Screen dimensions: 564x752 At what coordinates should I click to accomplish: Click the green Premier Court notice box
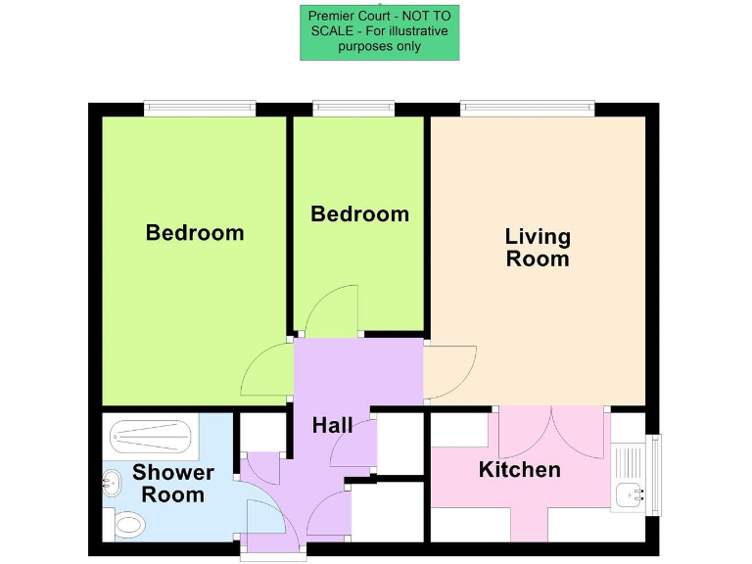pos(379,32)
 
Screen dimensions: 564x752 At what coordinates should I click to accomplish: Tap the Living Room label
pos(537,248)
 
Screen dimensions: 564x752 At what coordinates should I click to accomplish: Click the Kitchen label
pos(519,470)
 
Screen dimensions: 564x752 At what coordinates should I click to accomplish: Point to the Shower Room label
pos(173,484)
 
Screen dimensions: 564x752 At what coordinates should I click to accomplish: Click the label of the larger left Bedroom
pos(195,233)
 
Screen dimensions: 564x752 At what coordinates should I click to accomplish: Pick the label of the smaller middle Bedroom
pos(359,213)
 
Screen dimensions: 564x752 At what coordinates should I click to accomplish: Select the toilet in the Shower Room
pos(128,526)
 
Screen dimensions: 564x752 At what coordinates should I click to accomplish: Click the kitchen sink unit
pos(628,474)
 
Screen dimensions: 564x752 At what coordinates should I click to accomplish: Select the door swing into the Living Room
pos(448,372)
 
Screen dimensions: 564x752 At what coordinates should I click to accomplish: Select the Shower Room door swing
pos(262,519)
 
